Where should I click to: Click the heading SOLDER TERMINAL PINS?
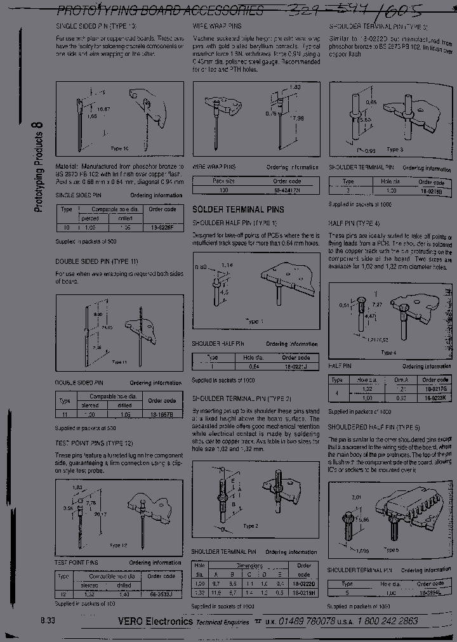pyautogui.click(x=238, y=209)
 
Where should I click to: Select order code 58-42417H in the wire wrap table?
pyautogui.click(x=287, y=190)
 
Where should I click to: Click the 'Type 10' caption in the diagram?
pyautogui.click(x=119, y=148)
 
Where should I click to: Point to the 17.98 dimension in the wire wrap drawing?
pyautogui.click(x=296, y=118)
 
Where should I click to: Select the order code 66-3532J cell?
pyautogui.click(x=161, y=594)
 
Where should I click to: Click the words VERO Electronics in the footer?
pyautogui.click(x=156, y=622)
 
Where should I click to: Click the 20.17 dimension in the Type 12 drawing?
pyautogui.click(x=102, y=516)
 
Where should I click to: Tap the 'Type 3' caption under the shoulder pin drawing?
pyautogui.click(x=395, y=150)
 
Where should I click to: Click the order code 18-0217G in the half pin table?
pyautogui.click(x=435, y=388)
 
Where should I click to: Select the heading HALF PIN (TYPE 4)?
pyautogui.click(x=354, y=223)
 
